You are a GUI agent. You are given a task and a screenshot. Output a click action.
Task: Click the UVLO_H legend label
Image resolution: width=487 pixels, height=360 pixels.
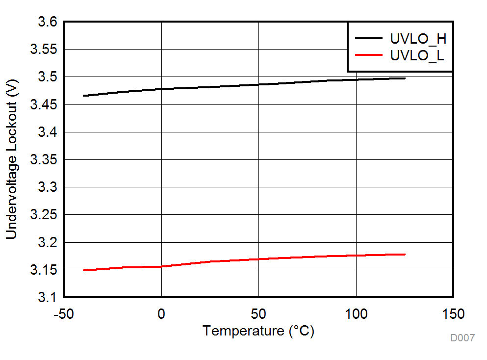pos(418,38)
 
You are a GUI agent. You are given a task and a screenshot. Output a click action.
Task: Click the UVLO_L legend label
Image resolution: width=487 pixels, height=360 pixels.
pos(417,55)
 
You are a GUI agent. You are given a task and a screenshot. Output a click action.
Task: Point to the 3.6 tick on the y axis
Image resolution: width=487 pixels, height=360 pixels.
pos(48,23)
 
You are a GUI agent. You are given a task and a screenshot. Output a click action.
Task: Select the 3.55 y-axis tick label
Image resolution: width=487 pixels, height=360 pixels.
pos(44,50)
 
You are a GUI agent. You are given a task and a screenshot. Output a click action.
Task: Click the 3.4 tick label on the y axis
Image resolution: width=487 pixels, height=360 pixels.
pos(48,132)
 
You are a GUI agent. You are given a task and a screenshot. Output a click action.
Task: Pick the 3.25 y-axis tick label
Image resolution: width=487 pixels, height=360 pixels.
pos(44,215)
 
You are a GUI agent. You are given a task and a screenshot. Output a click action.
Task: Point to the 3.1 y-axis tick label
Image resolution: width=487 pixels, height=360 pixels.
pos(48,297)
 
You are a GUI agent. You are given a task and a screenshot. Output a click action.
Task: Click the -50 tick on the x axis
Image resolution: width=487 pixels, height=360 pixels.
pos(64,313)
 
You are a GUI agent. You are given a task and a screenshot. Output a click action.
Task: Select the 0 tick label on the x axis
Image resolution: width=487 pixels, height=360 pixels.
pos(161,313)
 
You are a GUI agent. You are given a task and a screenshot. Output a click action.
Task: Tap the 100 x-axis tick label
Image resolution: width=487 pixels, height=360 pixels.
pos(356,313)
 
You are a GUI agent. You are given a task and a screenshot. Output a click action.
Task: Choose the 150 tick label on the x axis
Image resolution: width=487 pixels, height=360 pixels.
pos(453,313)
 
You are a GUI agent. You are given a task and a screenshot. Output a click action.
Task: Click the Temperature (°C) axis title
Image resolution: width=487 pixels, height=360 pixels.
pos(258,331)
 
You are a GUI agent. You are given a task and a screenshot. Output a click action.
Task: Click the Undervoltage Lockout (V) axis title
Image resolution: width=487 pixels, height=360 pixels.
pos(11,160)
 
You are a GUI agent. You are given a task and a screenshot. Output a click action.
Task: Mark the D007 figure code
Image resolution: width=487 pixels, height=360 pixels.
pos(462,338)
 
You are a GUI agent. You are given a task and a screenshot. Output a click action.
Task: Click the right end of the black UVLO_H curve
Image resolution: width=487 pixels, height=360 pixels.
pos(405,78)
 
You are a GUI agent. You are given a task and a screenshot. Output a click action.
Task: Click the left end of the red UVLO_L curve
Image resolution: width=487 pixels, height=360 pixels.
pos(84,270)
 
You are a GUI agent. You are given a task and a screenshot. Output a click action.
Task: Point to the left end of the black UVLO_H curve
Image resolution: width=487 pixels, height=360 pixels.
pos(84,96)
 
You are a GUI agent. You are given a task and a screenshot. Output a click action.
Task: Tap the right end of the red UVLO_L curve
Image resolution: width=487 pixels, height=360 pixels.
pos(405,254)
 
